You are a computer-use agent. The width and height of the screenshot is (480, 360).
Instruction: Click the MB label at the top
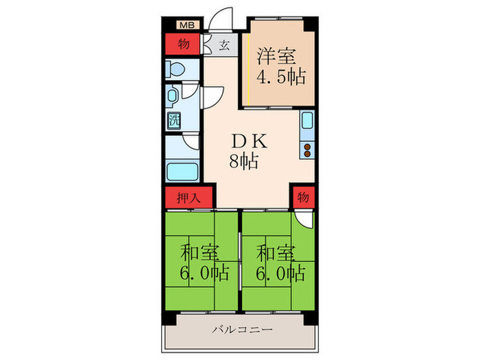tap(185, 26)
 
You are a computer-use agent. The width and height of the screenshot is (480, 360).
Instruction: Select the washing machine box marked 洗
tap(173, 118)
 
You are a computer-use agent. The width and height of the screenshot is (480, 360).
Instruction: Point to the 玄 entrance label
tap(225, 46)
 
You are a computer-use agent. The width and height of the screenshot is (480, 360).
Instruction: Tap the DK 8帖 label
tap(244, 152)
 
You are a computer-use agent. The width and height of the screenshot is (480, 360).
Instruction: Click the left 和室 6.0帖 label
tap(200, 262)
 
